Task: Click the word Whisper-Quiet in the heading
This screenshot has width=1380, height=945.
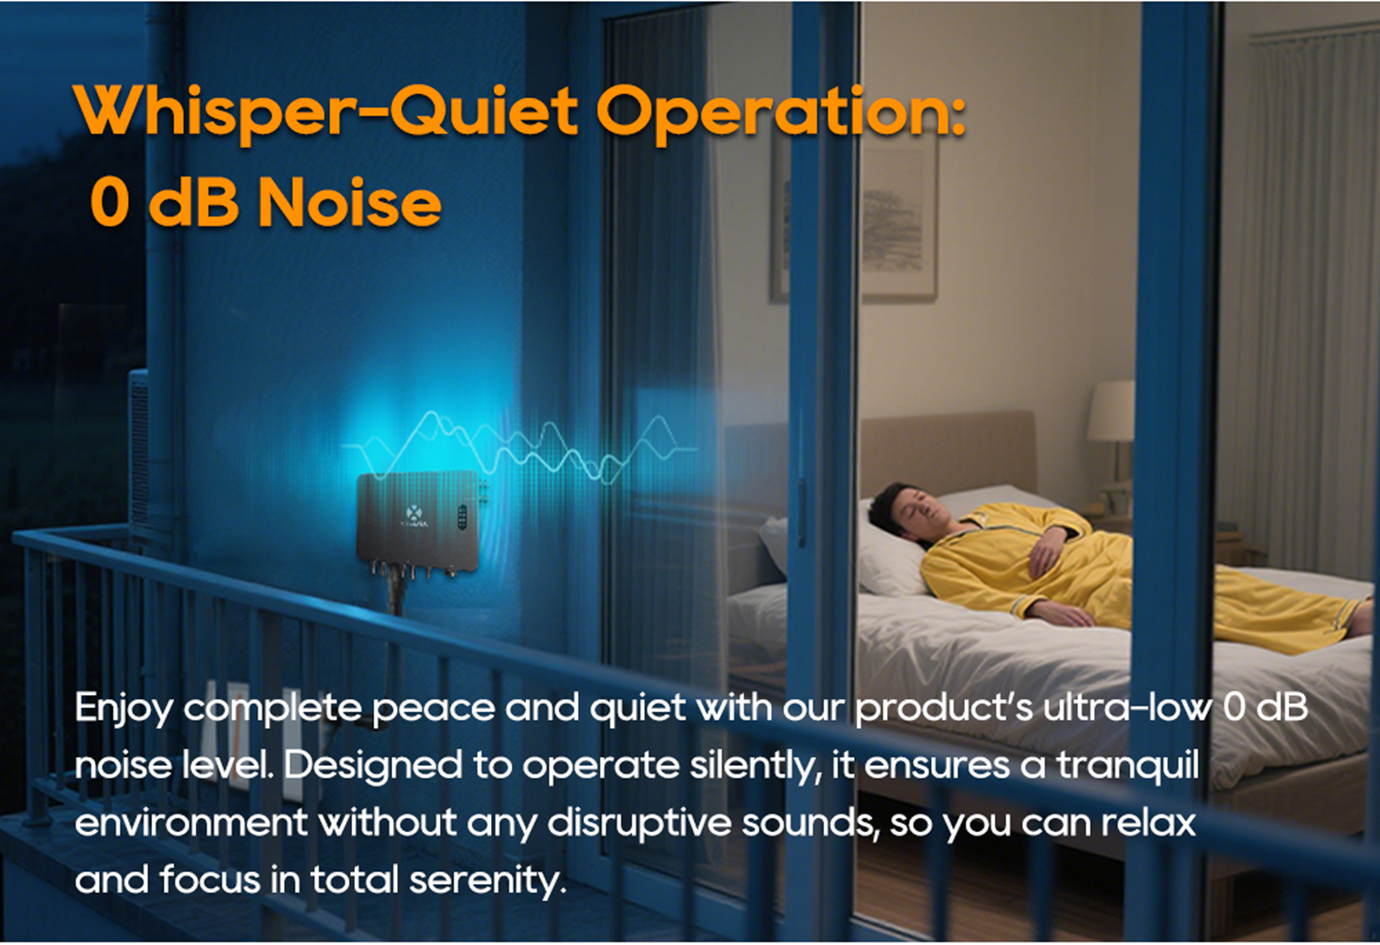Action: click(326, 112)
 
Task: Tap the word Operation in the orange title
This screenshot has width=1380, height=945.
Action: click(781, 112)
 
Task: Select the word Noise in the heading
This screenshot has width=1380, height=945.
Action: click(349, 203)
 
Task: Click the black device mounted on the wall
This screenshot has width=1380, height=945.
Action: click(417, 522)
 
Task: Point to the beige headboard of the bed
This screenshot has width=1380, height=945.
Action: click(949, 453)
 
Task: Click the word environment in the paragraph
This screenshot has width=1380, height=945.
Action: click(191, 824)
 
